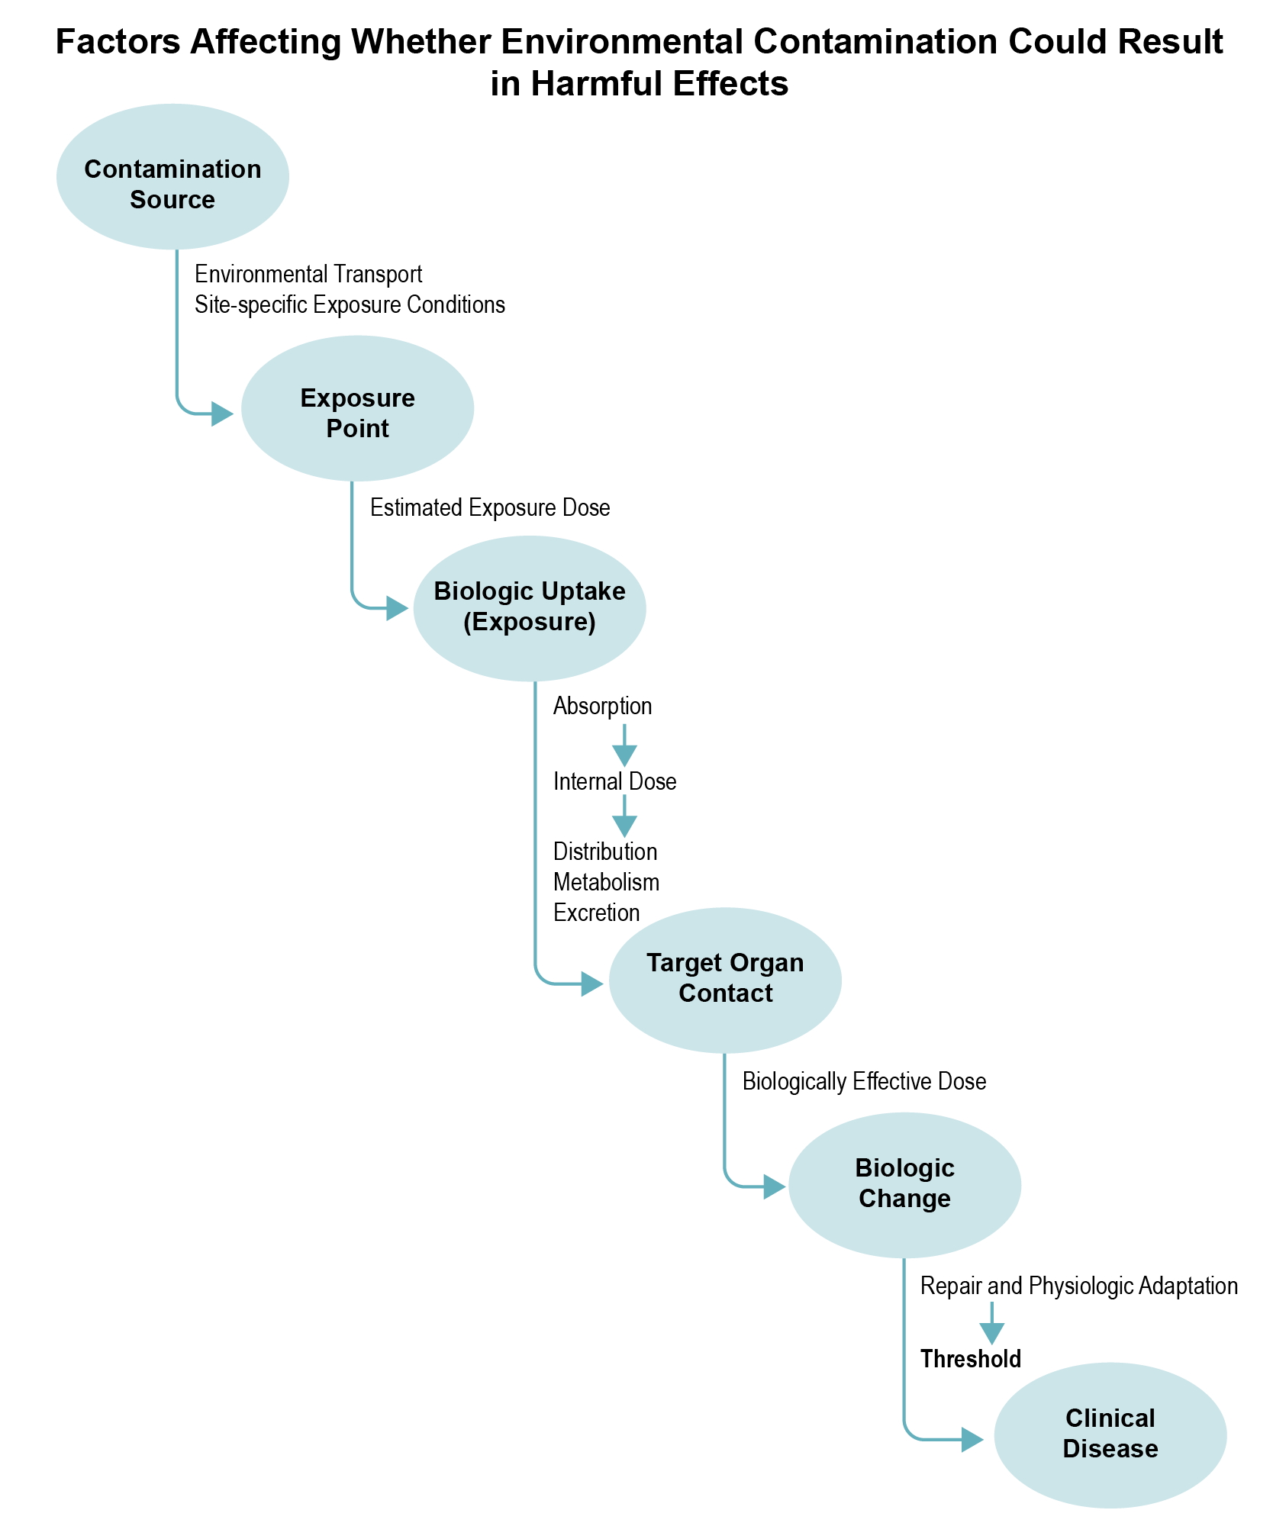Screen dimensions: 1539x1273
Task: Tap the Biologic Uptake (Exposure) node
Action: (x=530, y=608)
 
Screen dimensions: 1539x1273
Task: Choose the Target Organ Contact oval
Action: (x=725, y=980)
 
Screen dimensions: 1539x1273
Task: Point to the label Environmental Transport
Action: (x=308, y=274)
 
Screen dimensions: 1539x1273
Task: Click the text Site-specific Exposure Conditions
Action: (x=350, y=305)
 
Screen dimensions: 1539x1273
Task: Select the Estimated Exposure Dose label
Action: (x=490, y=508)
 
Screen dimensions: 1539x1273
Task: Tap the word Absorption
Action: (x=602, y=707)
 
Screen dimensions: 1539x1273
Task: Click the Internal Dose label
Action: (x=614, y=782)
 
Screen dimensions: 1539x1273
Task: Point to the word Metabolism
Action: (x=606, y=883)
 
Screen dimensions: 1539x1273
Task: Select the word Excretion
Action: (x=596, y=913)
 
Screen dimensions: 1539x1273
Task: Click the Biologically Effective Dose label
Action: (x=864, y=1082)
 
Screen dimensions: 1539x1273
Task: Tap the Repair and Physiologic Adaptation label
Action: (x=1078, y=1286)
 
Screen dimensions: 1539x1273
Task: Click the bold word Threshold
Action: (x=970, y=1359)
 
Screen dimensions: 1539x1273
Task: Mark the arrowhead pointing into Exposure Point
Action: (x=223, y=414)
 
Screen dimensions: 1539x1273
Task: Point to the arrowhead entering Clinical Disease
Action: (x=972, y=1440)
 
